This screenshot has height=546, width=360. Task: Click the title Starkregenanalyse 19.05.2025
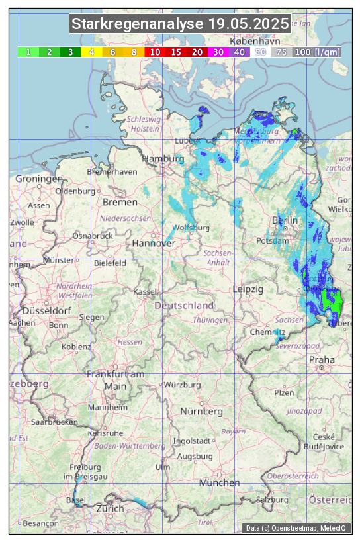coord(180,24)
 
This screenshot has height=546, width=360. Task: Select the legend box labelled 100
coord(303,52)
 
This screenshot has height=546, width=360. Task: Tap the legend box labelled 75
coord(282,52)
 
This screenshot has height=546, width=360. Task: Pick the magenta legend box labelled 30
coord(218,52)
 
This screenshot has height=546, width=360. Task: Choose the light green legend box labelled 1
coord(28,52)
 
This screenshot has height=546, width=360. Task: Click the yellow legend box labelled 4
coord(92,52)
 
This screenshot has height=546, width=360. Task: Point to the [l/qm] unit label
coord(328,52)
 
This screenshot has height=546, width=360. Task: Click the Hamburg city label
coord(163,159)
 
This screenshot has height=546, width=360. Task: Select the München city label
coord(219,482)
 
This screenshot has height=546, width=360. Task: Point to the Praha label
coord(322,359)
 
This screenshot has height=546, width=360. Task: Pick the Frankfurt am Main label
coord(115,380)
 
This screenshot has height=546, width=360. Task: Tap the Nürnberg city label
coord(202,412)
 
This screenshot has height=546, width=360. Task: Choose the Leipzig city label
coord(248,289)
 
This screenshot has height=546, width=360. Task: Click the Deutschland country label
coord(184,306)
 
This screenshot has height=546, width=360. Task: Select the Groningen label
coord(38,179)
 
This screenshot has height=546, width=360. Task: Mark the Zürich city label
coord(110,508)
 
